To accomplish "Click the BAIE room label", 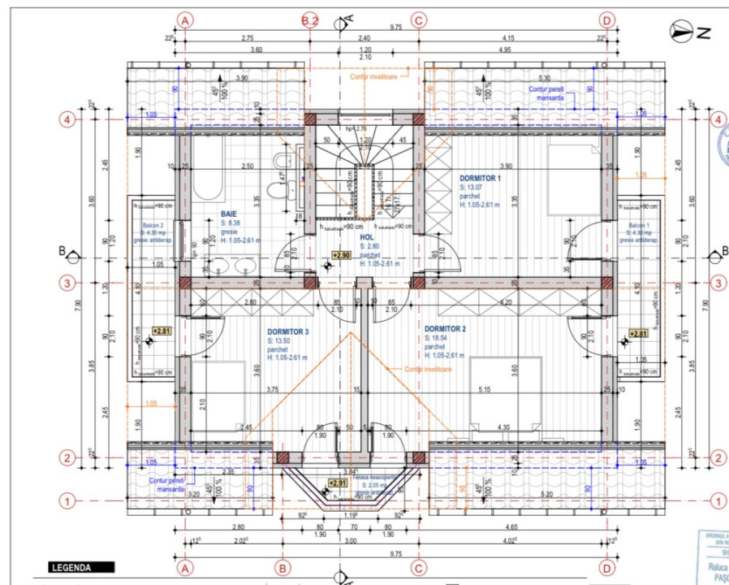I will (230, 215).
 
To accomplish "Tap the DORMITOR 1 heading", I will (481, 178).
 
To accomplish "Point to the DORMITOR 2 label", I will (445, 329).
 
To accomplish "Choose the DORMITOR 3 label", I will (288, 331).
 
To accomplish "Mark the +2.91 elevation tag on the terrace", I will (338, 483).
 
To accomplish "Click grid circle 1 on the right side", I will (718, 500).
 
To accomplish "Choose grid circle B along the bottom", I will (283, 567).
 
